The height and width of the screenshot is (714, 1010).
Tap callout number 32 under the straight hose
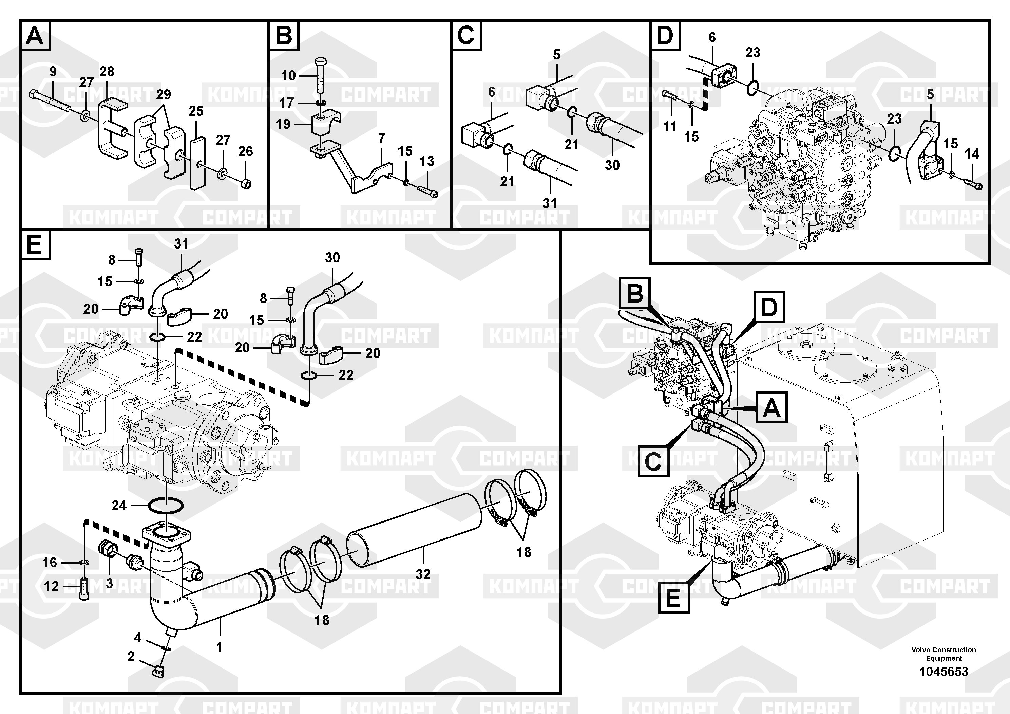[423, 574]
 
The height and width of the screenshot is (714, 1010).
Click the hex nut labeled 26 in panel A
[247, 182]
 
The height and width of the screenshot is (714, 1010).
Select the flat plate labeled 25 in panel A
[197, 163]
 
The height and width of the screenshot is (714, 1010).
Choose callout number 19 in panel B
[283, 124]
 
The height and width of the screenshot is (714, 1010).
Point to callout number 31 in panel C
[549, 203]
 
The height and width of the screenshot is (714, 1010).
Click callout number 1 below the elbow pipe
[219, 647]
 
